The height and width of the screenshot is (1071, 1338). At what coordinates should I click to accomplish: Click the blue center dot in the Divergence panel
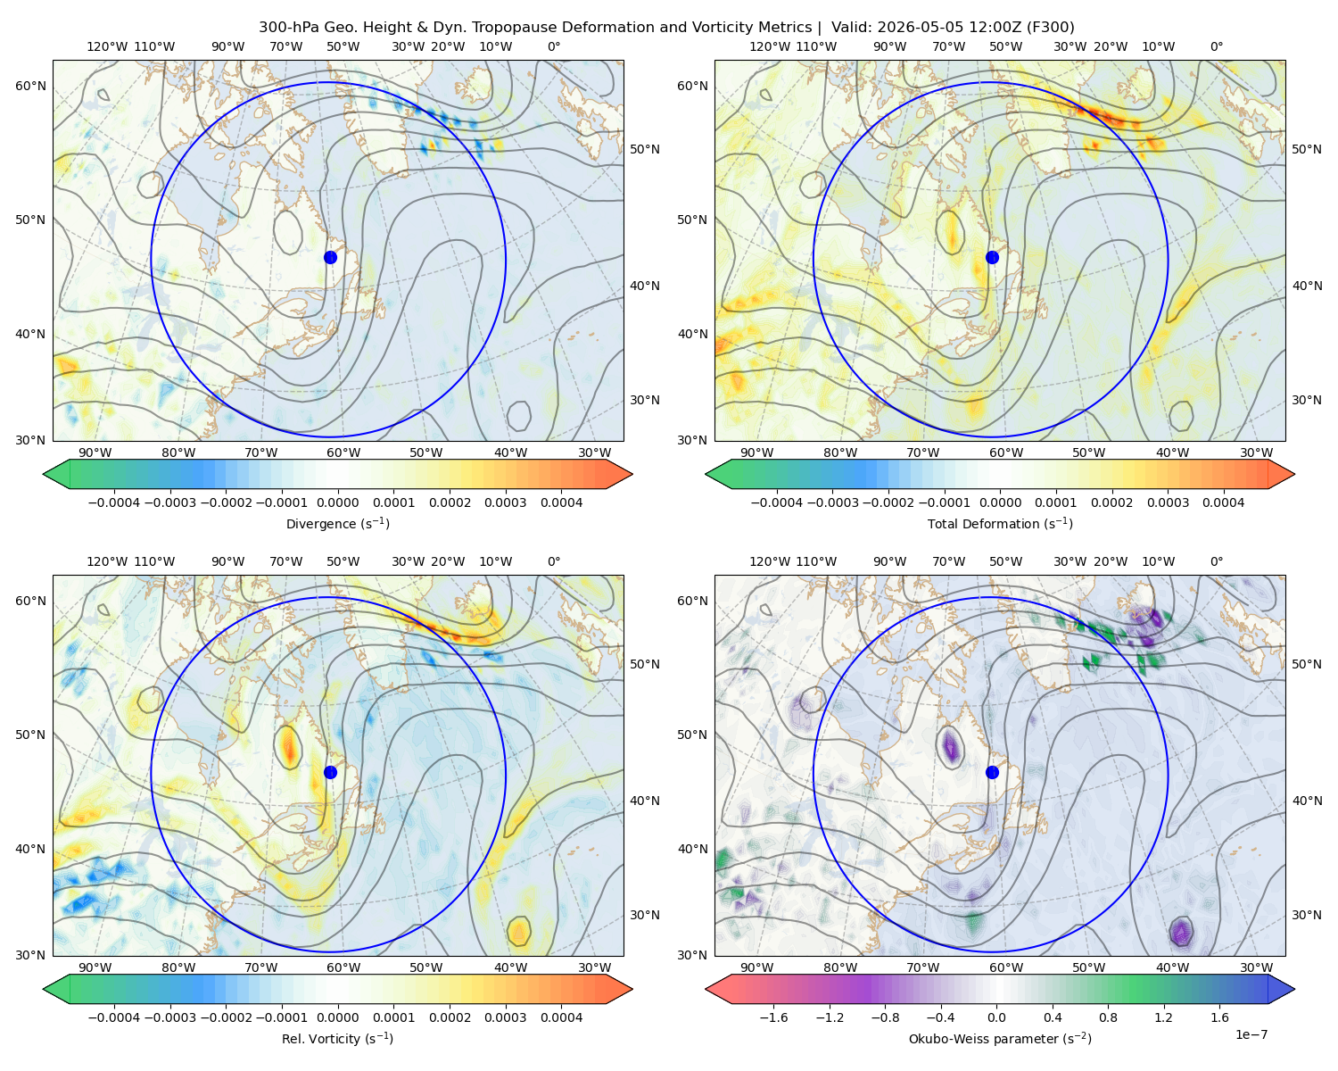tap(330, 257)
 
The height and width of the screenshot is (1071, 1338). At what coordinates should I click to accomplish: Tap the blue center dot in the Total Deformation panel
tap(992, 257)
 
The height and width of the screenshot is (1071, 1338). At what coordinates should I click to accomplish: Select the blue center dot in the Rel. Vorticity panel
tap(330, 772)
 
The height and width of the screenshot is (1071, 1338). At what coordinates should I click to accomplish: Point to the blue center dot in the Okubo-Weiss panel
tap(992, 772)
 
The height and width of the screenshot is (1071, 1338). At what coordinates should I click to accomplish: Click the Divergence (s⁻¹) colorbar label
tap(337, 523)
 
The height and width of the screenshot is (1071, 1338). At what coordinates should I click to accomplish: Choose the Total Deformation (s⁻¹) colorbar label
tap(1000, 523)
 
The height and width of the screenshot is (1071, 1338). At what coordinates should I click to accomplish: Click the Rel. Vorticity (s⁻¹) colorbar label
tap(337, 1038)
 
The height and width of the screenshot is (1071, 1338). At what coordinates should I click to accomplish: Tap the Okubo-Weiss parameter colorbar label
tap(1000, 1038)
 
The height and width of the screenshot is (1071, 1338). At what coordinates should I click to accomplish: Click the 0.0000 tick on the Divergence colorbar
tap(337, 502)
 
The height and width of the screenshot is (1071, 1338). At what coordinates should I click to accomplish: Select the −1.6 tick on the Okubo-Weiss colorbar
tap(773, 1017)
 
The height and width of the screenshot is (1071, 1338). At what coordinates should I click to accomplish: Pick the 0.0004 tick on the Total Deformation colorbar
tap(1223, 502)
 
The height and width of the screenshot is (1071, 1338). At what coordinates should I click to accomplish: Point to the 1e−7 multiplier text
tap(1251, 1034)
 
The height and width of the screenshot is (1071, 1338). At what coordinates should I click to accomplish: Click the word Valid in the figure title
tap(847, 28)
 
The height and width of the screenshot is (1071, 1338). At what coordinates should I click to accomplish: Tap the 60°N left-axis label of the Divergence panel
tap(30, 86)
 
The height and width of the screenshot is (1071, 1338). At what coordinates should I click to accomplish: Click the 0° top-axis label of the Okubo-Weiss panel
tap(1216, 561)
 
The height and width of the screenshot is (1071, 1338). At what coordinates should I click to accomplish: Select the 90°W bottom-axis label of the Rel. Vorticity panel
tap(95, 967)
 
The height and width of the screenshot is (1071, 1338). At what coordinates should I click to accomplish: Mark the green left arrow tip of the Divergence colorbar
tap(44, 474)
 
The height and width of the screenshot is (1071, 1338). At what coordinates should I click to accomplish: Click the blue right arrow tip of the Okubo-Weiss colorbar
tap(1294, 989)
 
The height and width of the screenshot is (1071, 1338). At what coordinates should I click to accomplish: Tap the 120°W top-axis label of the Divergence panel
tap(107, 46)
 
